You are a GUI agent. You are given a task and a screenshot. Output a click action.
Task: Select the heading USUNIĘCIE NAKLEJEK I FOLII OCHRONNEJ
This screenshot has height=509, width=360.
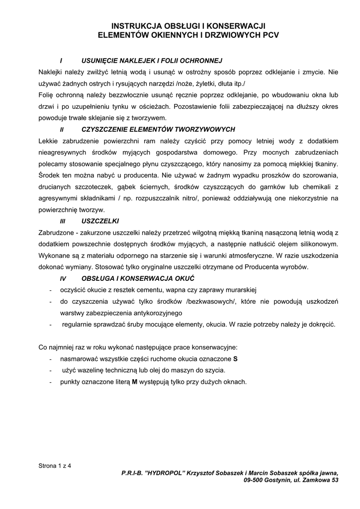coord(151,61)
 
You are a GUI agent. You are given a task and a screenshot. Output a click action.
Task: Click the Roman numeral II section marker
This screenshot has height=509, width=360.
coord(62,129)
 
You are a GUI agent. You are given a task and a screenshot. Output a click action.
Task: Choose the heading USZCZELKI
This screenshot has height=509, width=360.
coord(100,221)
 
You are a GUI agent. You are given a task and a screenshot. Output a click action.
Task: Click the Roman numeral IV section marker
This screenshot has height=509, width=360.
coord(63,278)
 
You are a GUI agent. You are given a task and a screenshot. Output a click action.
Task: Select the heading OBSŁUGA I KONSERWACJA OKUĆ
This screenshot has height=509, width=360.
coord(138,278)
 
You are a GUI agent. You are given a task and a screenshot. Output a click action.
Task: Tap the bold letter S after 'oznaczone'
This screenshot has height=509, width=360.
coord(235,358)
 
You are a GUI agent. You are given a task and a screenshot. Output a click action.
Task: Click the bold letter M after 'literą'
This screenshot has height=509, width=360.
coord(134,382)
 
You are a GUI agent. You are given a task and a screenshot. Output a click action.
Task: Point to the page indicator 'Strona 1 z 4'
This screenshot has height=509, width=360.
coord(55,466)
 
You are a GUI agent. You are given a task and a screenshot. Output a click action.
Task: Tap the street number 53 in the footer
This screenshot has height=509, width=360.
coord(335,481)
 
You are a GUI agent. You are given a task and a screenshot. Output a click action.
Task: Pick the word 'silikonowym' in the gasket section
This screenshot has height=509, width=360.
coord(319,244)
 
